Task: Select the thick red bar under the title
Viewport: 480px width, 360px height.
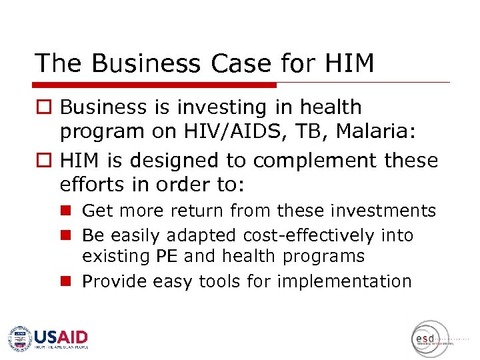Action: (155, 85)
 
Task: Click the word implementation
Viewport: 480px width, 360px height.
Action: (344, 281)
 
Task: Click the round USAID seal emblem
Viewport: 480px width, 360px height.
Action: (20, 338)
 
